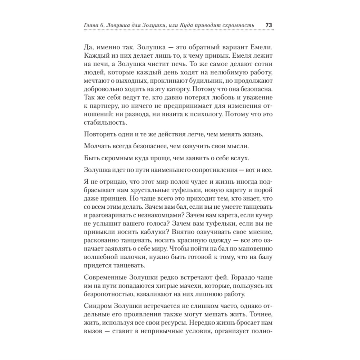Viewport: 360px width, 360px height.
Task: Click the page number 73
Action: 268,25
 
